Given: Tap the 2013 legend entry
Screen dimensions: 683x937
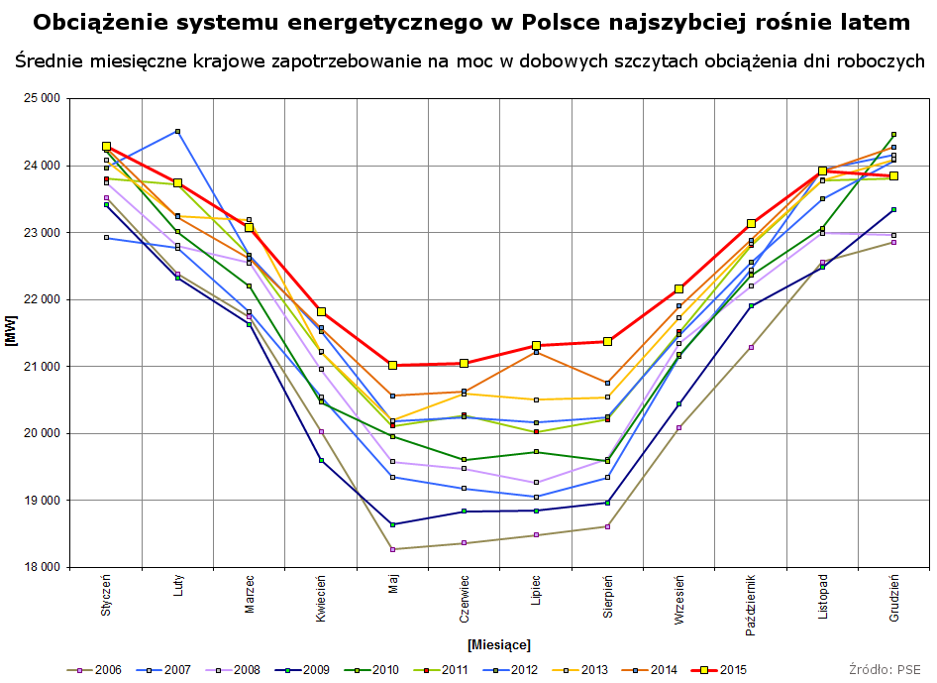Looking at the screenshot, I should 583,669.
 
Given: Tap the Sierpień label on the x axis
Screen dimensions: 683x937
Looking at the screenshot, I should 608,596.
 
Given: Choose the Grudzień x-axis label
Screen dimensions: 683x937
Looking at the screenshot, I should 894,598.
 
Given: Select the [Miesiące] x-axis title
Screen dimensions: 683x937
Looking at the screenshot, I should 499,645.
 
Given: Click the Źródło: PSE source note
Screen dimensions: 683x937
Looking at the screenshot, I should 885,669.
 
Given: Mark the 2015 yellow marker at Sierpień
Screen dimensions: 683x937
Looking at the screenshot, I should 607,341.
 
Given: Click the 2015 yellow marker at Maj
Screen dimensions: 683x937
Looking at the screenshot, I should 393,365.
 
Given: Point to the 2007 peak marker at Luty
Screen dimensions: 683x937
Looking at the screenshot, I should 177,131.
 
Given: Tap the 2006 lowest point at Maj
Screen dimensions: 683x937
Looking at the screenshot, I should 393,549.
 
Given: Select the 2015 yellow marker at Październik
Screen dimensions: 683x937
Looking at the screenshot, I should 751,224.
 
